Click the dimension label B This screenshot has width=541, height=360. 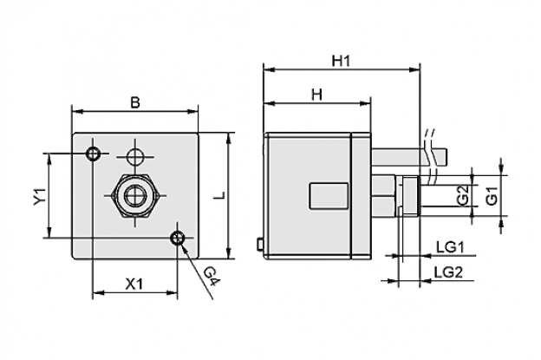[x=135, y=102]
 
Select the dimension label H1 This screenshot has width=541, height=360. [x=341, y=61]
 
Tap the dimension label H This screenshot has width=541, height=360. [x=316, y=95]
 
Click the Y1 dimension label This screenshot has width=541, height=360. [x=40, y=196]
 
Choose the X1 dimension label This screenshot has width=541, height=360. [x=134, y=285]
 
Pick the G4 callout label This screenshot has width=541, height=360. [x=212, y=277]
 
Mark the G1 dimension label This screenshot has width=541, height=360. [x=492, y=196]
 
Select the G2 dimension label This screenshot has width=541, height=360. [x=463, y=196]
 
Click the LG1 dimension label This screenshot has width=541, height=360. [x=450, y=247]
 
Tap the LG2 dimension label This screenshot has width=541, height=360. [x=448, y=272]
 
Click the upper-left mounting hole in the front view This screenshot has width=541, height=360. [x=93, y=154]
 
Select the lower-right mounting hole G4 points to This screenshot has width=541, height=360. [x=178, y=238]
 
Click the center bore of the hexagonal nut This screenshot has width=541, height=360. [x=135, y=195]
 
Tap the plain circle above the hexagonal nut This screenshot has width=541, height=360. [x=135, y=157]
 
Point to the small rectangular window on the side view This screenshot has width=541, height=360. [x=329, y=196]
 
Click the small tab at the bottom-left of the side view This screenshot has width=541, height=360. [x=260, y=244]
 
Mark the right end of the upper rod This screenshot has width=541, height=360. [x=446, y=157]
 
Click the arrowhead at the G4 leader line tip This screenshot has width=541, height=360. [x=184, y=245]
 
